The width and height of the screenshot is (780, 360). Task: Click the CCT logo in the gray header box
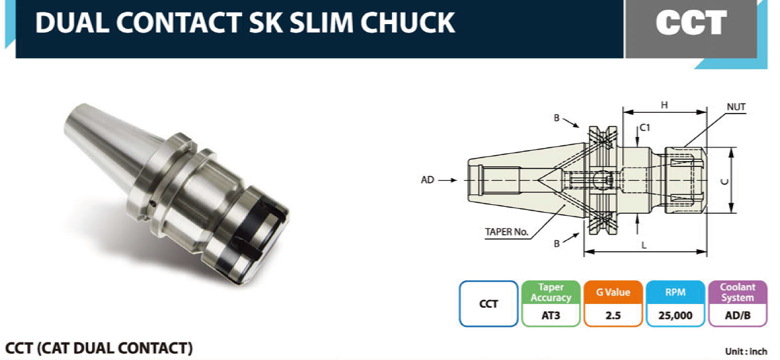point(691,23)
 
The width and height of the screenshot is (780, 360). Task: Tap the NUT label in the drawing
point(736,106)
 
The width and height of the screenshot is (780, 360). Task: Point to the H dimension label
point(664,105)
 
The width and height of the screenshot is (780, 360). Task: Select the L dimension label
point(644,245)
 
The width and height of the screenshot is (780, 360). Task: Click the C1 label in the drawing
point(645,128)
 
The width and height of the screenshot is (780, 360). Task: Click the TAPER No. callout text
point(507,232)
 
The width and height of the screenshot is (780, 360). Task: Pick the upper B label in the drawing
point(557,118)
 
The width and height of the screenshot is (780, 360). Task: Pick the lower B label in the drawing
point(557,244)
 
